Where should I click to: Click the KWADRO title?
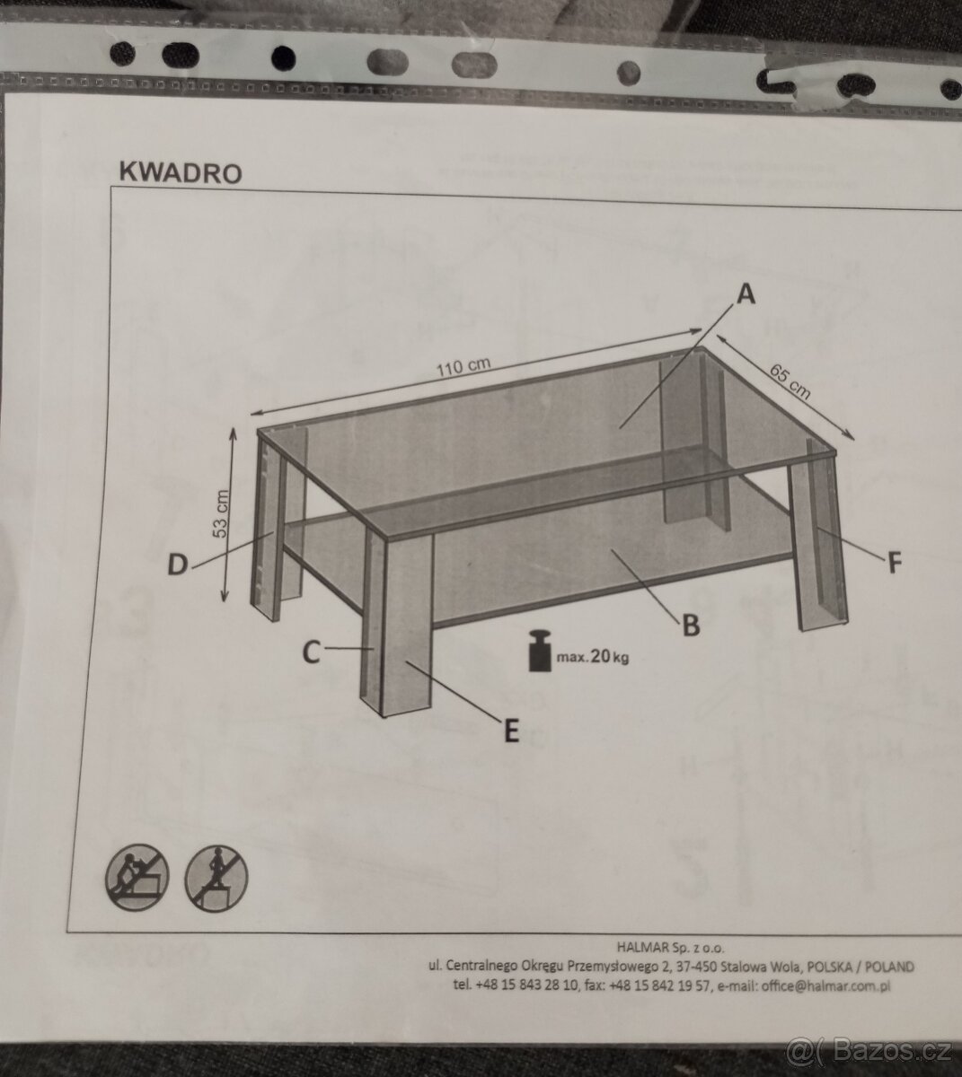click(181, 172)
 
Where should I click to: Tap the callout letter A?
click(746, 294)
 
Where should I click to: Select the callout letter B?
click(691, 626)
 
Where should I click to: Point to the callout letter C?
click(312, 652)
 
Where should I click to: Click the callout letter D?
click(178, 565)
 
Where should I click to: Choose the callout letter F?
click(895, 563)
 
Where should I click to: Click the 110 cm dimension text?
click(463, 367)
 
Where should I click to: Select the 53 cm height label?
click(220, 514)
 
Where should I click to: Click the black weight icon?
click(540, 652)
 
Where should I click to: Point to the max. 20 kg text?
click(592, 656)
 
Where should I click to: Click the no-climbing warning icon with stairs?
click(137, 878)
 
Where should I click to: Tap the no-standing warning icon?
click(216, 879)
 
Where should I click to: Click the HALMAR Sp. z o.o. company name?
click(670, 947)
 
